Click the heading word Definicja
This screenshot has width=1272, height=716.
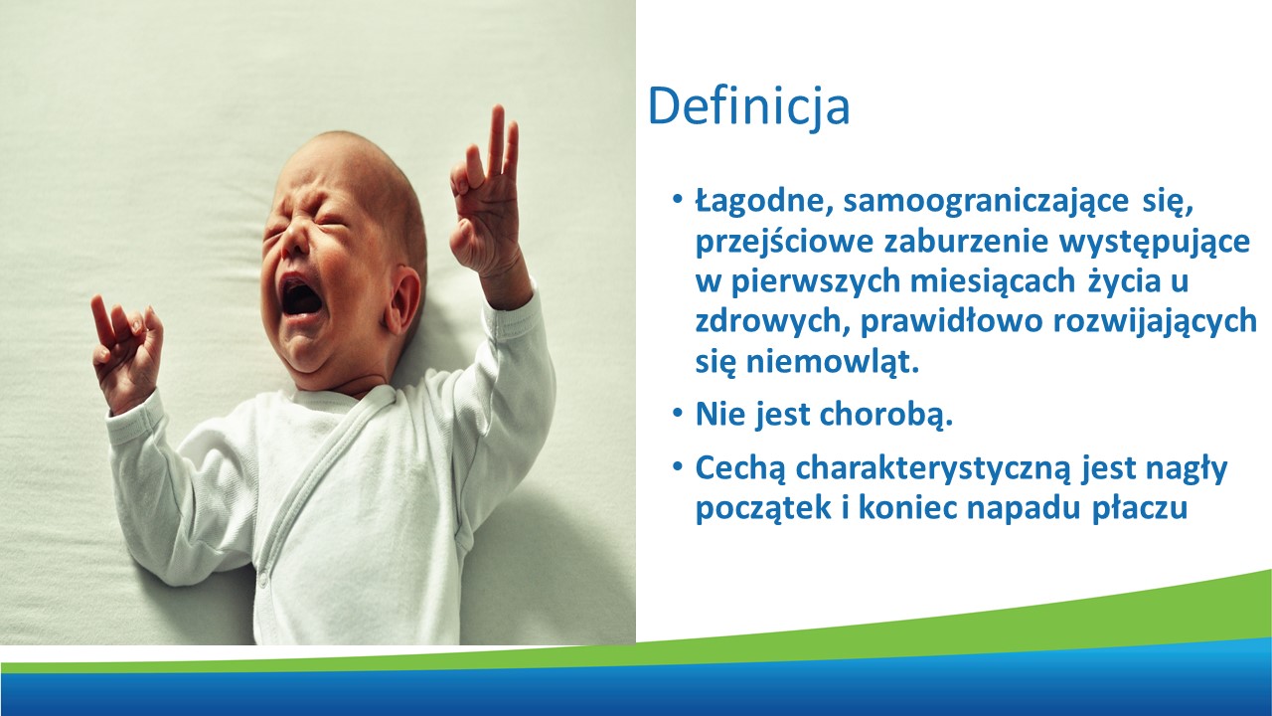748,106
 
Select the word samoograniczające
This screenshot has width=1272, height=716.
986,203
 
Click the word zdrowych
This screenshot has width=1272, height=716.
773,321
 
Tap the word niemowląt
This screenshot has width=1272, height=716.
832,362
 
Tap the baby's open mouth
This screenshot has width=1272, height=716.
300,296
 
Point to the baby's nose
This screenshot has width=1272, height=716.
294,239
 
